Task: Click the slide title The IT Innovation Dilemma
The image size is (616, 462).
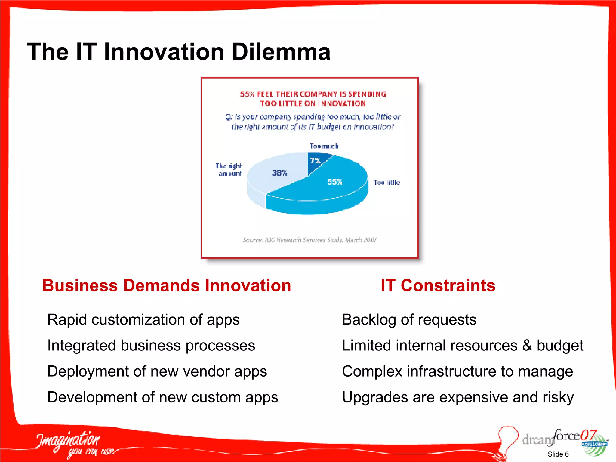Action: tap(179, 52)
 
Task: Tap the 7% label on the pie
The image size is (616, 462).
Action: tap(315, 161)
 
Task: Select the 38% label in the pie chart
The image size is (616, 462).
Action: tap(280, 173)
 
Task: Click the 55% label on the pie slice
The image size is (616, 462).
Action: tap(335, 182)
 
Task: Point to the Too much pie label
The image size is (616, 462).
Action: tap(324, 146)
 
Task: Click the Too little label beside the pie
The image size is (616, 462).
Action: tap(387, 182)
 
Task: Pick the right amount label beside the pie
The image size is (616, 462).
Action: tap(229, 170)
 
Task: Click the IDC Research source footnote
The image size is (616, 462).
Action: tap(310, 240)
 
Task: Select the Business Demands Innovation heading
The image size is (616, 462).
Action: tap(166, 285)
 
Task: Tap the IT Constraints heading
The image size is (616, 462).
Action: tap(438, 285)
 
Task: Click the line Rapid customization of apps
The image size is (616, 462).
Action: tap(143, 319)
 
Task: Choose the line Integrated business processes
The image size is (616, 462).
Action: tap(151, 345)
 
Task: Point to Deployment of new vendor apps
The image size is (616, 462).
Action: tap(157, 371)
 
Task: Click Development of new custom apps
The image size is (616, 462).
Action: tap(163, 397)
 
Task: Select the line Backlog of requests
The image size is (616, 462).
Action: tap(409, 319)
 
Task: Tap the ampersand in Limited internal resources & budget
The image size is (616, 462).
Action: tap(527, 345)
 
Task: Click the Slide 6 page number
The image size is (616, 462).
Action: tap(558, 454)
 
